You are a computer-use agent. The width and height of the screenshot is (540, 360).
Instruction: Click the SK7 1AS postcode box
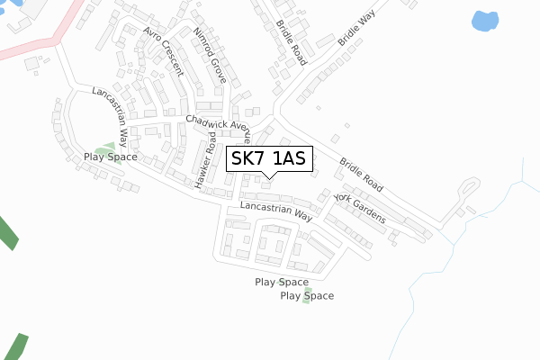(x=269, y=159)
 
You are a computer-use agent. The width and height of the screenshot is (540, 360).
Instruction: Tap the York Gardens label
(x=359, y=208)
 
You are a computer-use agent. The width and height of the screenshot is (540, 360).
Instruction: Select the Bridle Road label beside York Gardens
(x=362, y=175)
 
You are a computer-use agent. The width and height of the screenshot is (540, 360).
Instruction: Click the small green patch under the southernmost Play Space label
(x=306, y=301)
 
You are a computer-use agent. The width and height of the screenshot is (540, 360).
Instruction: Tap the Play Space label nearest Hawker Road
(x=111, y=157)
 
